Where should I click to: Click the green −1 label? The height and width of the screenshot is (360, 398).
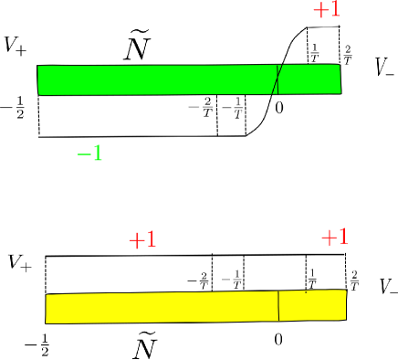click(x=89, y=153)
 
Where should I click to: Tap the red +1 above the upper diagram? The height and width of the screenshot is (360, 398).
click(x=327, y=9)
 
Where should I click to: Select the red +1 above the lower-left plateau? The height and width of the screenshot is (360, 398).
click(x=142, y=240)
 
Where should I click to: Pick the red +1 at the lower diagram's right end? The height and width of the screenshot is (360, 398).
click(x=335, y=238)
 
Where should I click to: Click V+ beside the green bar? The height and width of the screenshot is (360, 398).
click(x=16, y=46)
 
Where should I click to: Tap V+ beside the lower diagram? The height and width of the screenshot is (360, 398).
click(x=20, y=263)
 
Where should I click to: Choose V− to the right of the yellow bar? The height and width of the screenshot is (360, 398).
click(x=389, y=287)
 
